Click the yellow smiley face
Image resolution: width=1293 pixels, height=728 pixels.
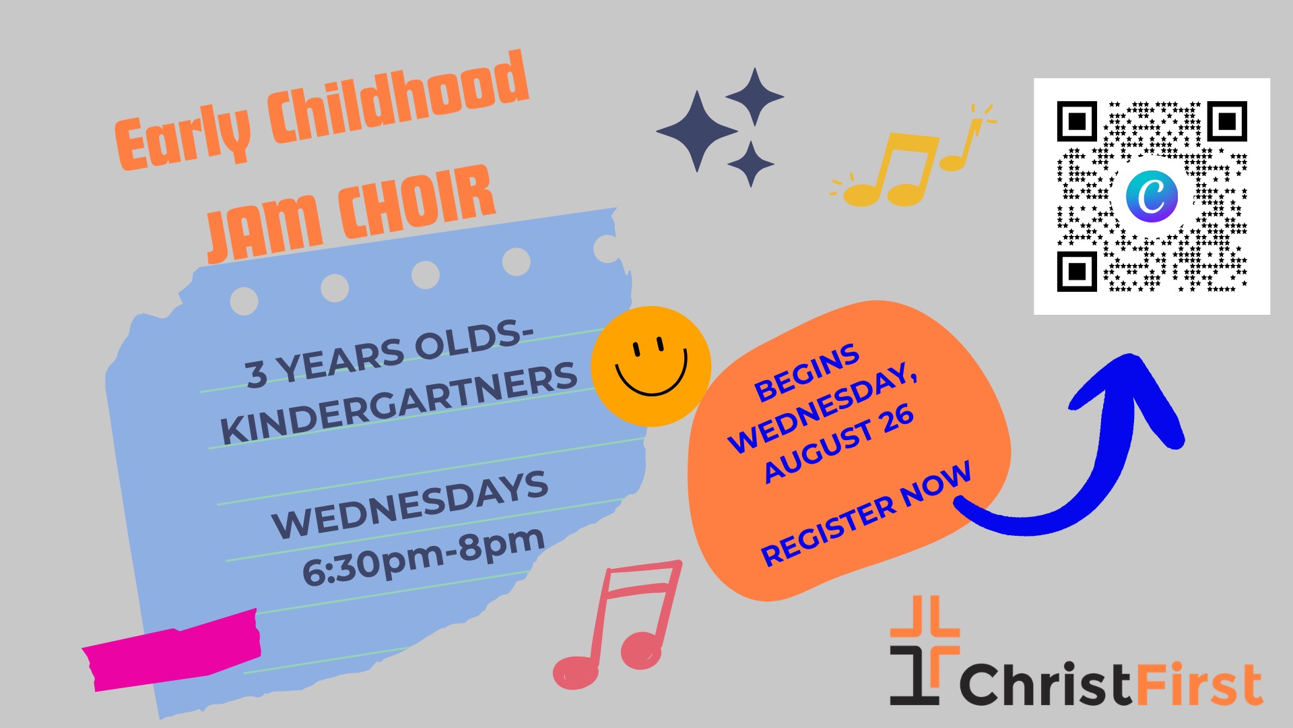pyautogui.click(x=651, y=366)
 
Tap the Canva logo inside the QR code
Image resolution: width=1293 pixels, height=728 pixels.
pyautogui.click(x=1152, y=195)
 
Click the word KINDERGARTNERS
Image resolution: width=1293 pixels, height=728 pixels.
pyautogui.click(x=399, y=403)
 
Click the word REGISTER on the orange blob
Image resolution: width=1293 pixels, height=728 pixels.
pyautogui.click(x=830, y=530)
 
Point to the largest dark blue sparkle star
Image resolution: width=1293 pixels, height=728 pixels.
pyautogui.click(x=697, y=131)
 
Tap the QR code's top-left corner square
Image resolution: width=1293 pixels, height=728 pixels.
pyautogui.click(x=1077, y=121)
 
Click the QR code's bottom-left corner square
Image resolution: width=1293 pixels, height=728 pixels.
pyautogui.click(x=1077, y=271)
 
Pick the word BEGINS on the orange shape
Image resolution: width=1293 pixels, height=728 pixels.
pyautogui.click(x=807, y=373)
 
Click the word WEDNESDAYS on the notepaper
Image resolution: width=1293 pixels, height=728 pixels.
pyautogui.click(x=410, y=504)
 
